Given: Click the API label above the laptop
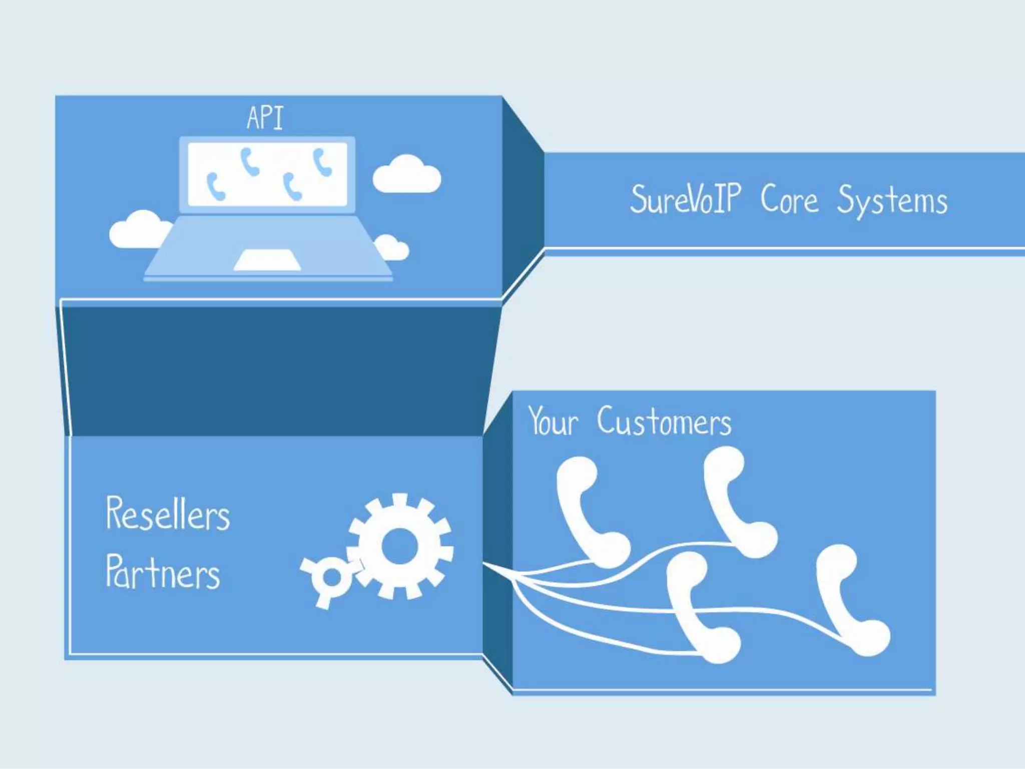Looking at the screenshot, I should (265, 118).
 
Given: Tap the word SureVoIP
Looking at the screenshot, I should (685, 199).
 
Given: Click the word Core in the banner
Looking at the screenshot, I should (789, 199).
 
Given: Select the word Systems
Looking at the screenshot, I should (892, 201).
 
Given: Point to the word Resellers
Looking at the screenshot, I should (168, 514).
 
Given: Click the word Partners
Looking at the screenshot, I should (163, 572).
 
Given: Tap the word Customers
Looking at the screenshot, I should (664, 422).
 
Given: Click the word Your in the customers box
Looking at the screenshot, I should (553, 422).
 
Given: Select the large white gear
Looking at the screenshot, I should (399, 546).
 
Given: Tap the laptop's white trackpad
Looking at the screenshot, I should (267, 260).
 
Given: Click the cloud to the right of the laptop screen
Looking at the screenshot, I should (406, 175).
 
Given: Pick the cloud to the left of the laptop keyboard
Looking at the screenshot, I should (139, 230).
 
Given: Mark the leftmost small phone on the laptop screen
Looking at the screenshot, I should (215, 187).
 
